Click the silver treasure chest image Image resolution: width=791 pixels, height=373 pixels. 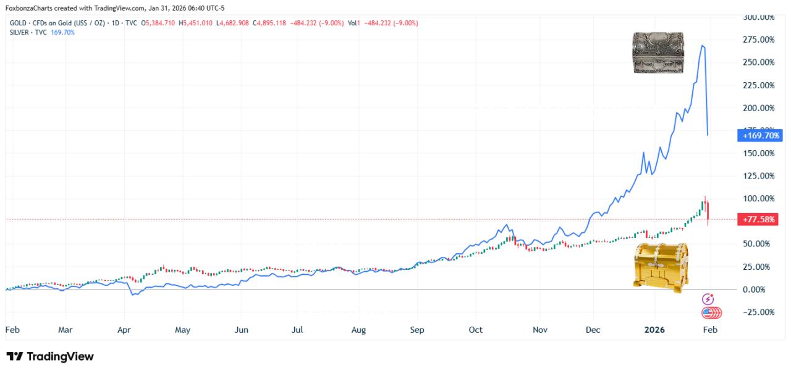coord(658,52)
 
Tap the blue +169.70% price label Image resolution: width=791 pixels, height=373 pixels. coord(759,135)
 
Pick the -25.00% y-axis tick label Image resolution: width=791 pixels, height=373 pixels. coord(758,312)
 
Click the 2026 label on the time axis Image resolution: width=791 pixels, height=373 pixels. coord(654,330)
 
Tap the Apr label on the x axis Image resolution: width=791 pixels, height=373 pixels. coord(124,330)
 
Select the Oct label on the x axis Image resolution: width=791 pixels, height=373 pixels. coord(475,330)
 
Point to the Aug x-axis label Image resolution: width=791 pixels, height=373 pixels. coord(358,330)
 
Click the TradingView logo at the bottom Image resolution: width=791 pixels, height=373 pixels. coord(50,356)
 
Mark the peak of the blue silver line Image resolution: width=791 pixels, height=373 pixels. coord(703,46)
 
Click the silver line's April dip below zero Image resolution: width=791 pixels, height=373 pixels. coord(133,295)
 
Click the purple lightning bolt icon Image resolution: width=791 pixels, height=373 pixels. coord(709,299)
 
